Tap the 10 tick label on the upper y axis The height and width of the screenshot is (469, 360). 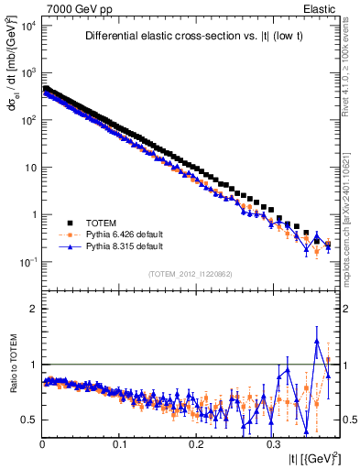[29, 168]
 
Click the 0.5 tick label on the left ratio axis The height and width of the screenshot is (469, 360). [29, 420]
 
